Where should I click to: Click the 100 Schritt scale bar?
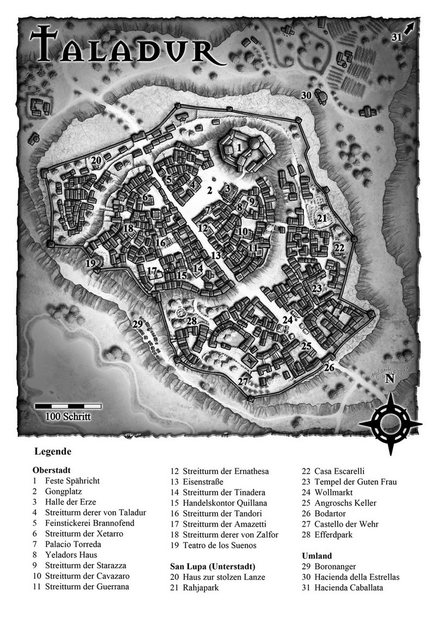68,406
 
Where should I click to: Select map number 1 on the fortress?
239,148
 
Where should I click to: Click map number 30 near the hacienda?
306,95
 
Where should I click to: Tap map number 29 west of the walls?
138,324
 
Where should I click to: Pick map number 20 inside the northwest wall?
96,161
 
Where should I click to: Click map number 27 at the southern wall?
243,382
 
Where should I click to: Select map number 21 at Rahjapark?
322,218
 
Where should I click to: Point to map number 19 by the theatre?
90,264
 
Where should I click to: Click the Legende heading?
53,451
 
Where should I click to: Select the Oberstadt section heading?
52,470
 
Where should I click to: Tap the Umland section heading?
316,556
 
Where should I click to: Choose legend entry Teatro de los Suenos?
220,546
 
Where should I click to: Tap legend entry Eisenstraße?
204,481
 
